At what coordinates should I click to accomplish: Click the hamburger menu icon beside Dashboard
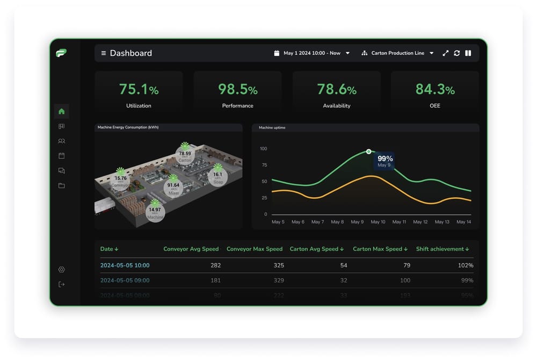(104, 53)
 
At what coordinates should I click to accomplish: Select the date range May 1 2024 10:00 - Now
(312, 53)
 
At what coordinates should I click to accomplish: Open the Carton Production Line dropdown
(397, 53)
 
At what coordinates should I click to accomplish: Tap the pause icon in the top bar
(468, 53)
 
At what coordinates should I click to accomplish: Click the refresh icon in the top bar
(456, 53)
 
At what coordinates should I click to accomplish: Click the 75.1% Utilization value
(139, 89)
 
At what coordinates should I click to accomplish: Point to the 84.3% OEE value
(435, 89)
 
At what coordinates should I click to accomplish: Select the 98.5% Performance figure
(237, 89)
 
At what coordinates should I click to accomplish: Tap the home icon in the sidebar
(61, 111)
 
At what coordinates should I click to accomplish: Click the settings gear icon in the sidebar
(61, 269)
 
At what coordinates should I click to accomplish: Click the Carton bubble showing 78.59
(185, 156)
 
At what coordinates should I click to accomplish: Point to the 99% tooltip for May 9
(384, 161)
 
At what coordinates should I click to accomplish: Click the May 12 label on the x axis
(421, 222)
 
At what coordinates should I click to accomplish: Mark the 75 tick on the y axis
(264, 165)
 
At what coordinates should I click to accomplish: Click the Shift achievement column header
(442, 249)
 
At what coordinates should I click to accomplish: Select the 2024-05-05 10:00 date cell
(125, 265)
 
